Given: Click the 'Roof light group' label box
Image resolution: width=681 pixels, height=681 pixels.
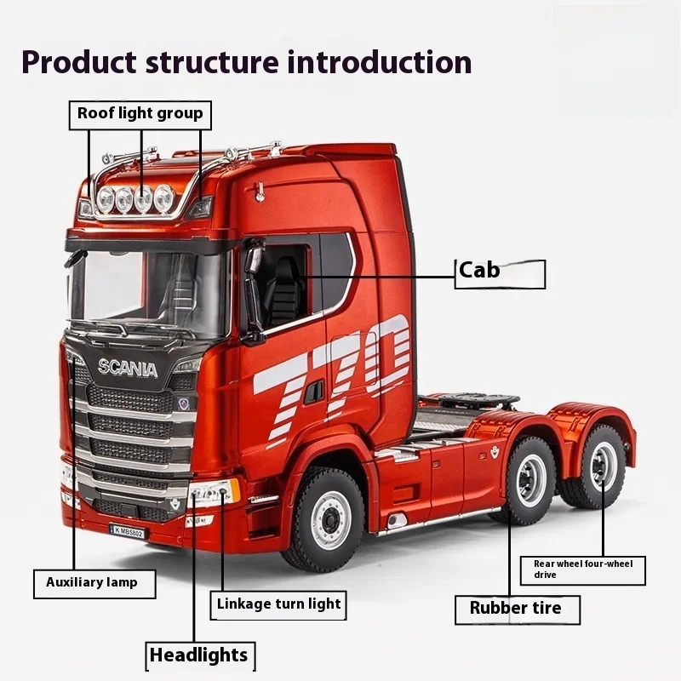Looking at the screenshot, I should tap(140, 113).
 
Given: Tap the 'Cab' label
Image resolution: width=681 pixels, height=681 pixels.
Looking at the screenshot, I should tap(499, 273).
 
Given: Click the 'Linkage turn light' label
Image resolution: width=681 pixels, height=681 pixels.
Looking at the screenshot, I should tap(278, 605).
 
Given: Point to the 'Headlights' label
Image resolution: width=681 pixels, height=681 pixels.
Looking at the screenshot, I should tap(197, 655).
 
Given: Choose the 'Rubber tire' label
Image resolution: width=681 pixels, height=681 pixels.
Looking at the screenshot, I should tap(516, 609).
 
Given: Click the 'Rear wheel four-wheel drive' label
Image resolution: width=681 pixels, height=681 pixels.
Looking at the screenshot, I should tap(583, 569).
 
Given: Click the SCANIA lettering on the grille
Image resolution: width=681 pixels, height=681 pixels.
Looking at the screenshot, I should tap(127, 369).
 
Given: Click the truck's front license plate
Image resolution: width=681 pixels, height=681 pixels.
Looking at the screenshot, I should tap(127, 531).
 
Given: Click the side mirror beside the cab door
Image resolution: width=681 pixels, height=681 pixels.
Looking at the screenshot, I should tap(253, 289).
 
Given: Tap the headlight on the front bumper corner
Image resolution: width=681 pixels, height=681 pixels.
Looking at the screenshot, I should tap(214, 492).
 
